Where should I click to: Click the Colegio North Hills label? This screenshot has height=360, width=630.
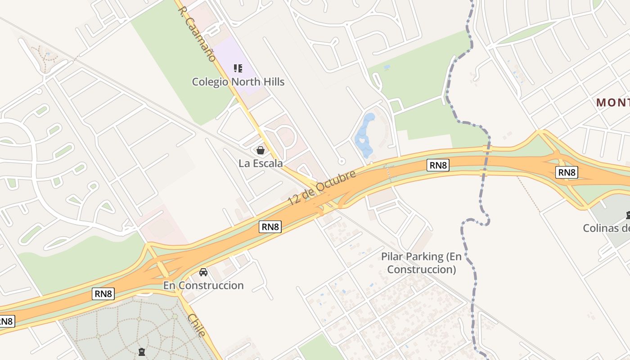click(238, 82)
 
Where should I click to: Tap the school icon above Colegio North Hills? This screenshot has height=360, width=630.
click(238, 68)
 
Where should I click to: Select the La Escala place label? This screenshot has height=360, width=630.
click(261, 163)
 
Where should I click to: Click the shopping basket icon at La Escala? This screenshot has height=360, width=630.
click(261, 150)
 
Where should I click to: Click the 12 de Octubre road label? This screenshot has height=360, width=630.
click(322, 188)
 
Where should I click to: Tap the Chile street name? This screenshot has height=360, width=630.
click(197, 325)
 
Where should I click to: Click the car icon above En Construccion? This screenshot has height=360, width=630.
click(203, 272)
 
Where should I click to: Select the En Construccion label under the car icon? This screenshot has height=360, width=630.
click(203, 285)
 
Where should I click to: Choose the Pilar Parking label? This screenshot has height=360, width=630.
click(421, 263)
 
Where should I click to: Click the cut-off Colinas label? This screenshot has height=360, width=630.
click(606, 228)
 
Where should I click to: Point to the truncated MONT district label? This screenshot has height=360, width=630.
click(613, 103)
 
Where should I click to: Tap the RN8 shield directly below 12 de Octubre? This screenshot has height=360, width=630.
click(270, 227)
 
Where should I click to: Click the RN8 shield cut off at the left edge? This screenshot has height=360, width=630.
click(6, 321)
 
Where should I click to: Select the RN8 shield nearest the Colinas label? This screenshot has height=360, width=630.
click(566, 172)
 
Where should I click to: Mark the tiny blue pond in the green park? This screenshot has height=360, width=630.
click(387, 67)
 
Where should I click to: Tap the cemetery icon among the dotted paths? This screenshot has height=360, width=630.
click(142, 351)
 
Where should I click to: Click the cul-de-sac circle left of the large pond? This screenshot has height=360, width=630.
click(342, 161)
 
